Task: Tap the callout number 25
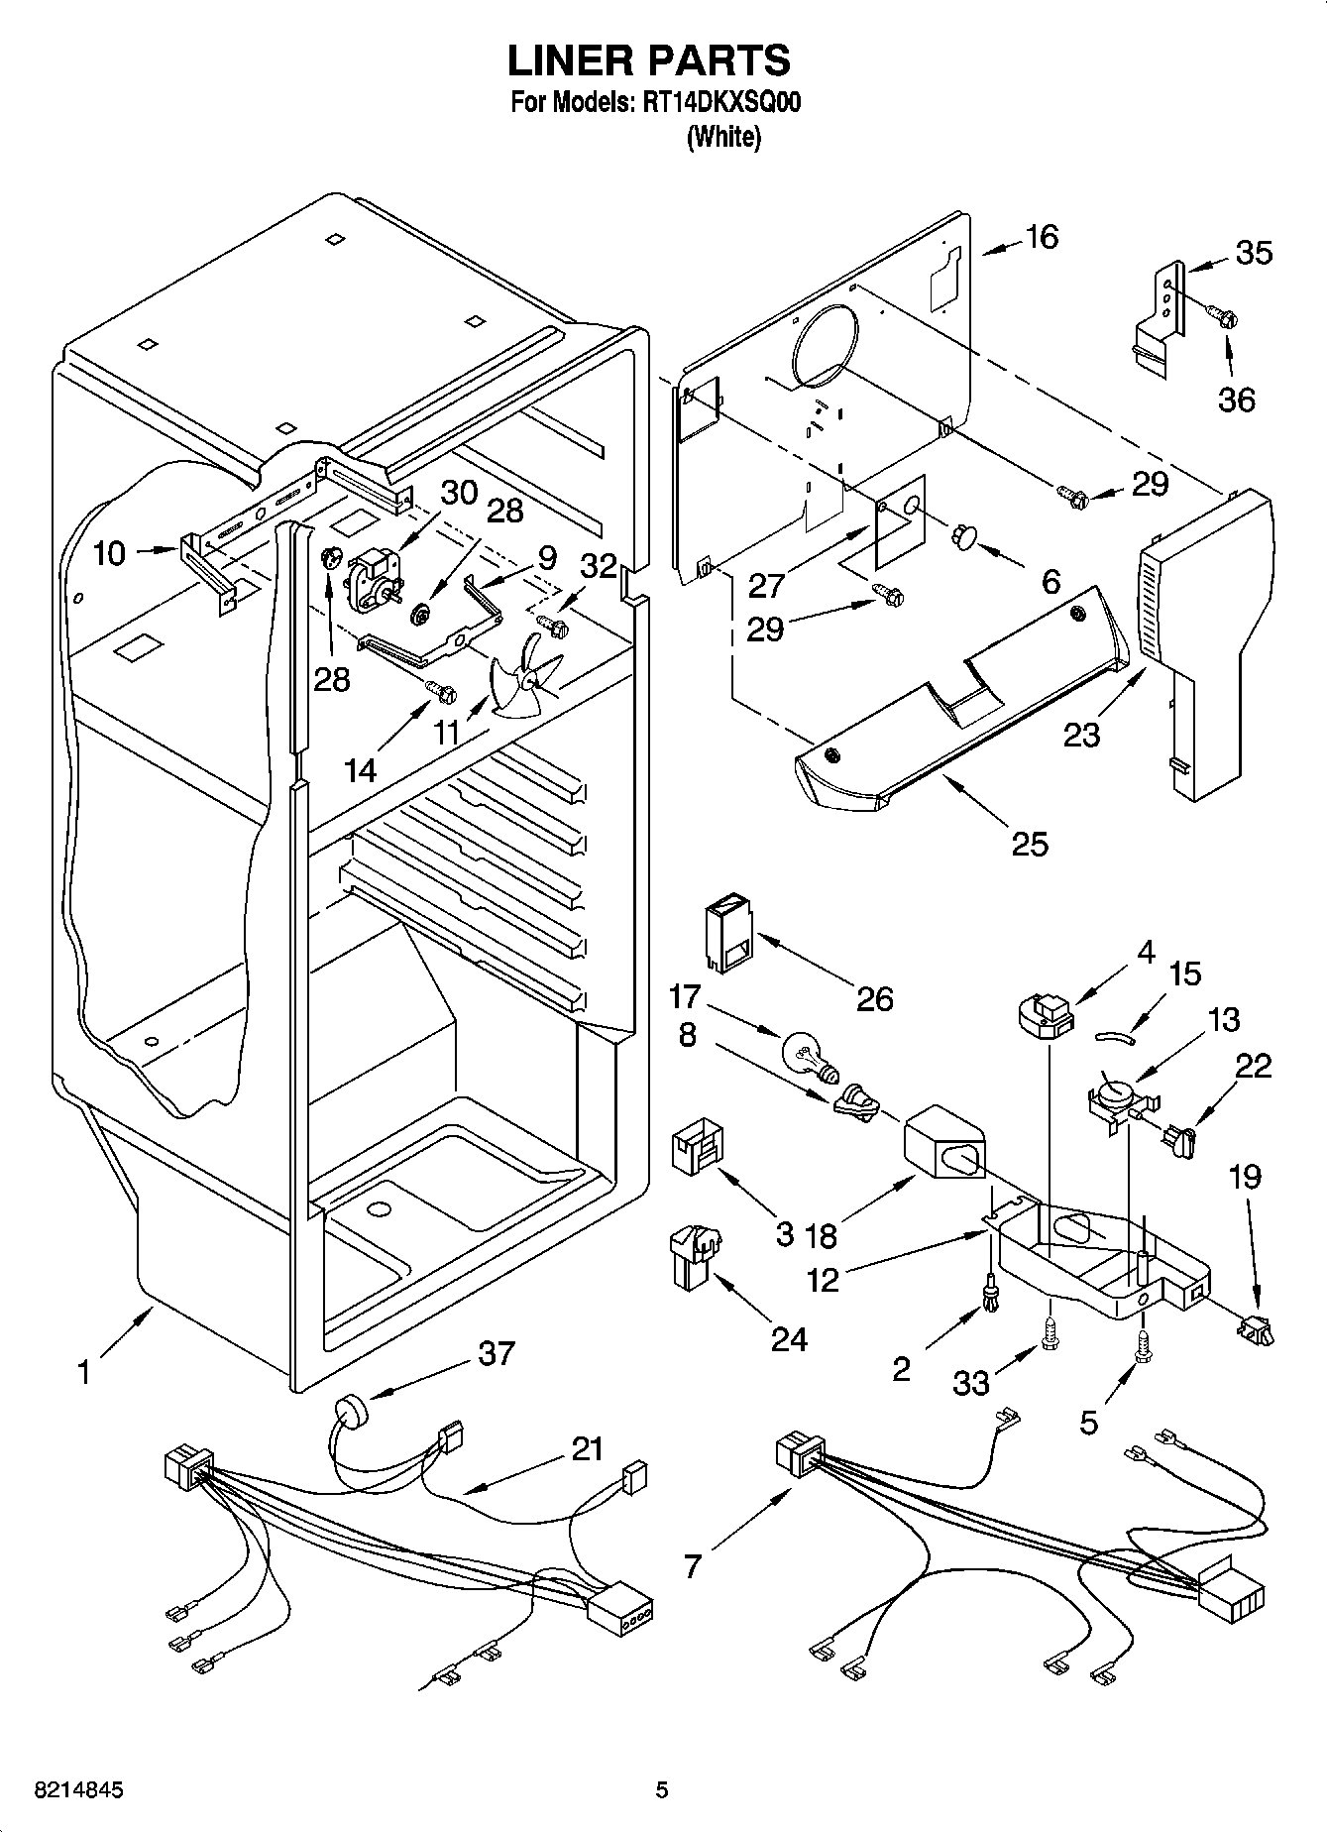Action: tap(1030, 843)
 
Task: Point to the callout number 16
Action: tap(1042, 237)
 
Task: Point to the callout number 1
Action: tap(84, 1372)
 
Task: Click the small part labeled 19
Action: tap(1253, 1327)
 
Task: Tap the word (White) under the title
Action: tap(723, 137)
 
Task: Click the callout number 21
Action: tap(587, 1449)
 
